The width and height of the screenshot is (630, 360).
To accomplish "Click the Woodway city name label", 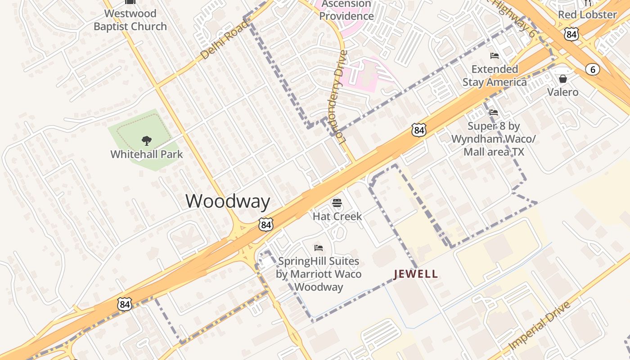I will coord(228,201).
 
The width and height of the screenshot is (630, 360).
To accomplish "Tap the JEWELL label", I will coord(415,274).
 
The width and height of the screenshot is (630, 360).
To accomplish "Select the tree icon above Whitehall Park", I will coord(146,141).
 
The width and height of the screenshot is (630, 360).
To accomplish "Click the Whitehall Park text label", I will coord(147,154).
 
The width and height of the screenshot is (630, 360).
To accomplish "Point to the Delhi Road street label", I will coord(224,40).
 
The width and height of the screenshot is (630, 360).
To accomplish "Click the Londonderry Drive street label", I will coord(342,96).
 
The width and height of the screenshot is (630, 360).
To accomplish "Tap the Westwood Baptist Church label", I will coord(130,20).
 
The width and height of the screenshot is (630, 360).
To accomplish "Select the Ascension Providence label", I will coord(346,10).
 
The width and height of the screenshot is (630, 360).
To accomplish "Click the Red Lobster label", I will coord(587,14).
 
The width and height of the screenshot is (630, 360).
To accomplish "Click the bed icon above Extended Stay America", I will coord(495,56).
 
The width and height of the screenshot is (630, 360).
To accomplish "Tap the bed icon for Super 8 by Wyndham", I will coord(494,112).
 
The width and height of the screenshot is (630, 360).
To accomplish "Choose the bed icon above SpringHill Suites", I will coord(319,247).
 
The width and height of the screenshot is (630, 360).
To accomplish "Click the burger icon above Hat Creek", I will coord(337,202).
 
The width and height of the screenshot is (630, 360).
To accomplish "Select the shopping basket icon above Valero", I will coord(562,79).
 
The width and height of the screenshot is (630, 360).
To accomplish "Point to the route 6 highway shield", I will coord(593,69).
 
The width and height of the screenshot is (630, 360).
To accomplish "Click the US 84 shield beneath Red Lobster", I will coord(571,34).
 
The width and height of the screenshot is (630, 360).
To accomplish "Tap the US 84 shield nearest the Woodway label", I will coord(265,225).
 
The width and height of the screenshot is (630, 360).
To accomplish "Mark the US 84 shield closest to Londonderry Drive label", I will coord(418,130).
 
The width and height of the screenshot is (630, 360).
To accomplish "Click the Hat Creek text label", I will coord(337,216).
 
